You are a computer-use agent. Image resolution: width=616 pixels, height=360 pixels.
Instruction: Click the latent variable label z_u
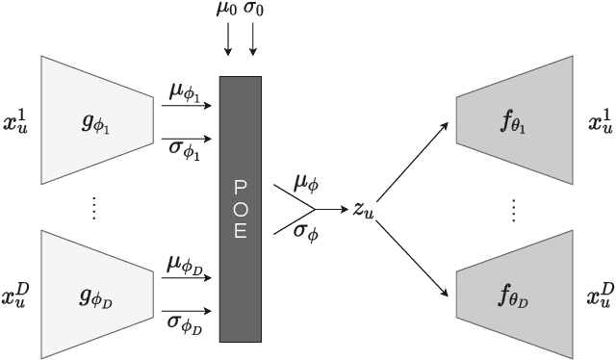pyautogui.click(x=362, y=208)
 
